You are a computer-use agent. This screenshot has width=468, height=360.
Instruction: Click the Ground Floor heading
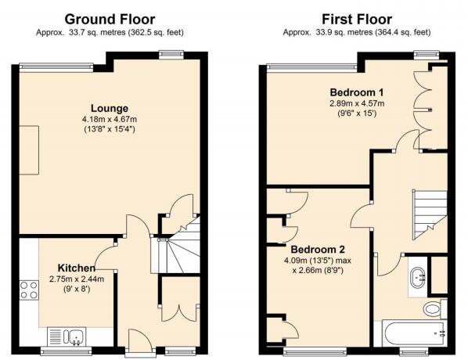109,18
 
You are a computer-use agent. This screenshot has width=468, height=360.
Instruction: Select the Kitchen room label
75,268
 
